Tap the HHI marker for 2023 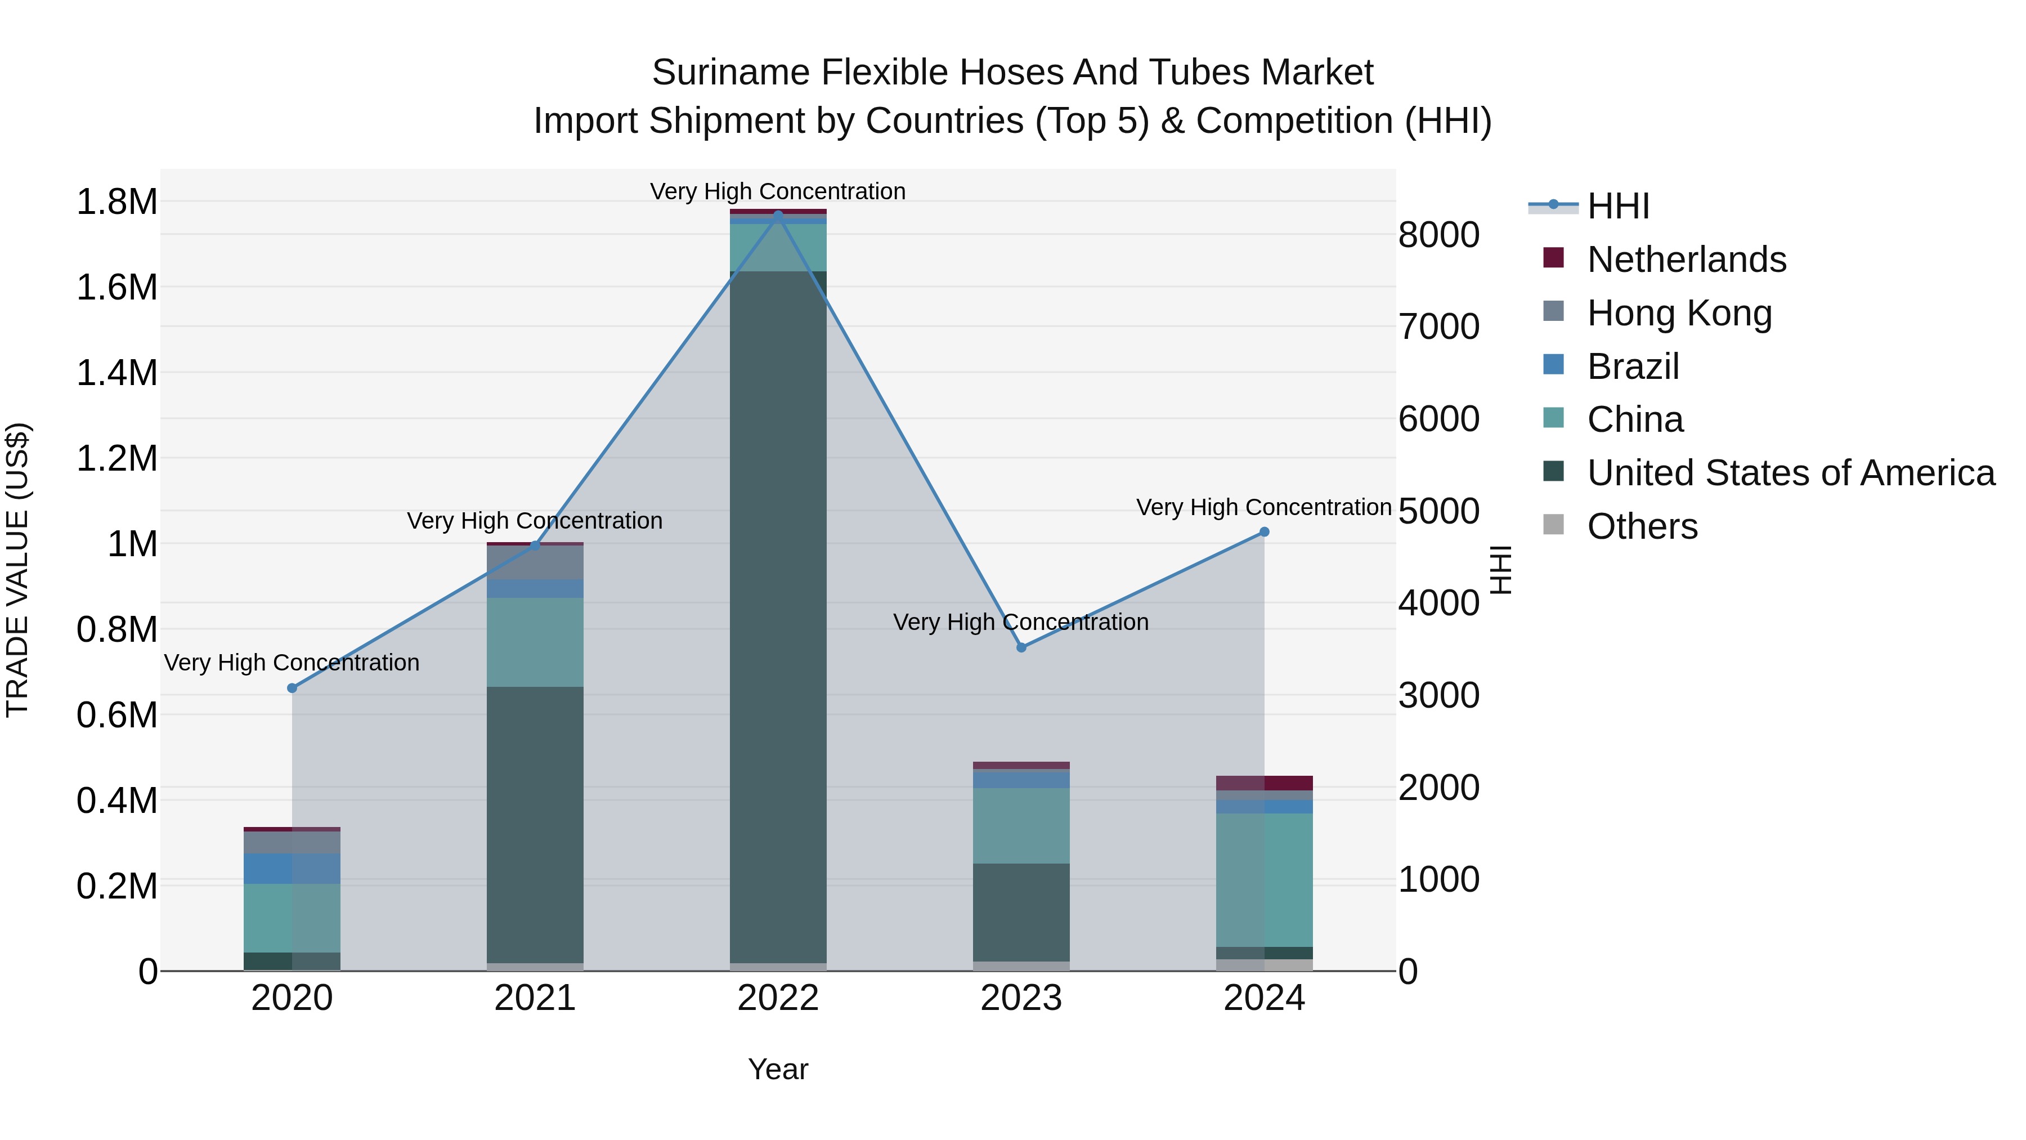pos(1021,647)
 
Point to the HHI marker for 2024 pos(1264,532)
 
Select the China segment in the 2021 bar pos(535,641)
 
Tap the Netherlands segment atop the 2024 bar pos(1264,783)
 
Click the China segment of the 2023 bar pos(1021,825)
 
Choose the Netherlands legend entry pos(1686,260)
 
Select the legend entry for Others pos(1642,526)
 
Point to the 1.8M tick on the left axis pos(116,202)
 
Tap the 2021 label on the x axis pos(535,998)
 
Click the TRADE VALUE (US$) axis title pos(17,570)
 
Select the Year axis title pos(778,1069)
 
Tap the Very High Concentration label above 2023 pos(1021,622)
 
